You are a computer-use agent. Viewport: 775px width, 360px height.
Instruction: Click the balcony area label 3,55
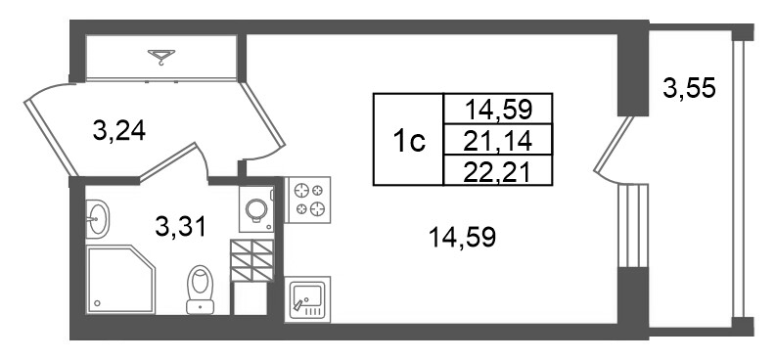point(689,89)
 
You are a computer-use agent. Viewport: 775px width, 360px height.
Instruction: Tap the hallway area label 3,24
point(119,131)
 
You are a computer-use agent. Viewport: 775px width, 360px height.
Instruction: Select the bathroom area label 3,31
point(180,227)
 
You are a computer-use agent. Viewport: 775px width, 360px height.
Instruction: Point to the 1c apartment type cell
point(409,139)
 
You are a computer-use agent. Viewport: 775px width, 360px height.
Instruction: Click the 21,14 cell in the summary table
point(498,139)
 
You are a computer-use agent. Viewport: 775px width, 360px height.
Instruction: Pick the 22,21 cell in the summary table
point(498,170)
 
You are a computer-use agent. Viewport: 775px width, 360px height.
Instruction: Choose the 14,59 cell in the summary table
point(498,109)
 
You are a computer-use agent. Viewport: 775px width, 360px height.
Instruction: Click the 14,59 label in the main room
point(462,239)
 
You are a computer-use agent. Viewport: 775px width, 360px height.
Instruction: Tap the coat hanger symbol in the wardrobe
point(161,57)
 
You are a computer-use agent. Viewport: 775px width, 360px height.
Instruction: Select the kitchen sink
point(307,299)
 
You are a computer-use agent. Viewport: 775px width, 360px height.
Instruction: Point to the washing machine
point(256,209)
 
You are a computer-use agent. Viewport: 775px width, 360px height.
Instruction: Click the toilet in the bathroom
point(201,290)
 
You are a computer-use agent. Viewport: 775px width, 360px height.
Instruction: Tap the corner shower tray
point(120,279)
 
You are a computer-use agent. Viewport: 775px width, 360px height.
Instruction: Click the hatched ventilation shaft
point(252,260)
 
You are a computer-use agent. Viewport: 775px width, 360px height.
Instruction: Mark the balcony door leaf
point(614,145)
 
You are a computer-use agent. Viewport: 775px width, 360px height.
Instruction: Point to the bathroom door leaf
point(168,161)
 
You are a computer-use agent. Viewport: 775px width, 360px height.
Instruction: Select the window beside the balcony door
point(634,225)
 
